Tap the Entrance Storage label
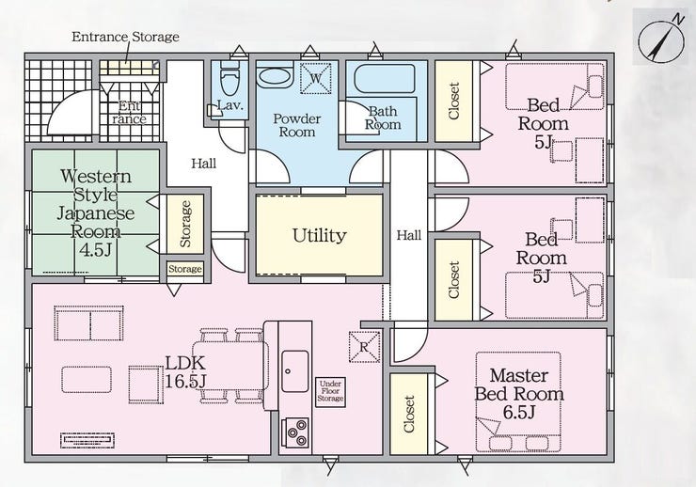click(x=125, y=37)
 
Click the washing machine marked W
click(x=315, y=78)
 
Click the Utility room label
click(x=319, y=235)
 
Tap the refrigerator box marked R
click(x=364, y=346)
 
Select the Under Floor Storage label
click(x=331, y=389)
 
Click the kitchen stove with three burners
click(x=296, y=432)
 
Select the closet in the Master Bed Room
click(x=409, y=413)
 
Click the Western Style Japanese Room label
click(x=96, y=212)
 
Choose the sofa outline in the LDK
click(x=89, y=323)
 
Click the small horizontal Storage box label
click(x=184, y=270)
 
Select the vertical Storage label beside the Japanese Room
click(x=185, y=224)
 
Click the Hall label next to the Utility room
click(x=409, y=235)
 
